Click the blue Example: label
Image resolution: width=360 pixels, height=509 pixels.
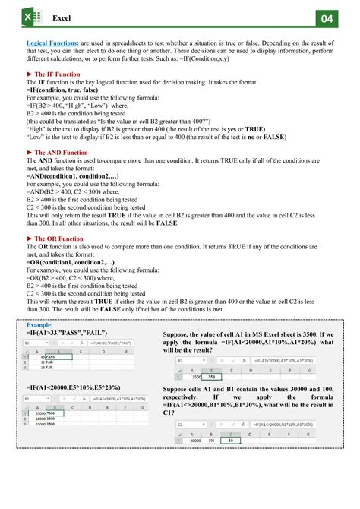(39, 325)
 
